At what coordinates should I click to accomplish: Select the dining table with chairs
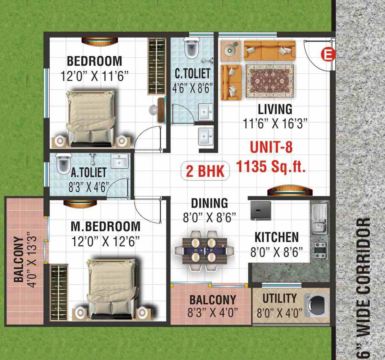click(x=204, y=251)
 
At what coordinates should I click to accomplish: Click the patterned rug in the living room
click(x=270, y=81)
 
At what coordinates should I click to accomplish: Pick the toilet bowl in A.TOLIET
click(x=63, y=163)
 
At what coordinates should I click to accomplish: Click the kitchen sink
click(x=319, y=219)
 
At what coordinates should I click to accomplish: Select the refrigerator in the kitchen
click(x=261, y=211)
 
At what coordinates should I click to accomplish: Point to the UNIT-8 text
click(x=271, y=147)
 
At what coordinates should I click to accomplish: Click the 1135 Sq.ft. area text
click(x=271, y=166)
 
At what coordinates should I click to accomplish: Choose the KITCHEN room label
click(x=277, y=237)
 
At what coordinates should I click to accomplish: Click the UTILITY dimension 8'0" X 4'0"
click(x=279, y=313)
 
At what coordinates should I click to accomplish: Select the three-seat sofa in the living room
click(x=269, y=50)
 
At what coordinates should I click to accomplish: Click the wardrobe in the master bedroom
click(x=59, y=292)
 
